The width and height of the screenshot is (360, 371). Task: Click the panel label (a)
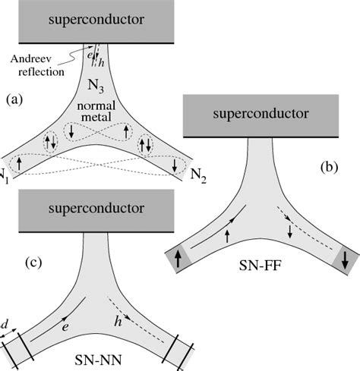tap(16, 99)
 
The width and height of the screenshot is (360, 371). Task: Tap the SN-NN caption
tap(100, 356)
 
